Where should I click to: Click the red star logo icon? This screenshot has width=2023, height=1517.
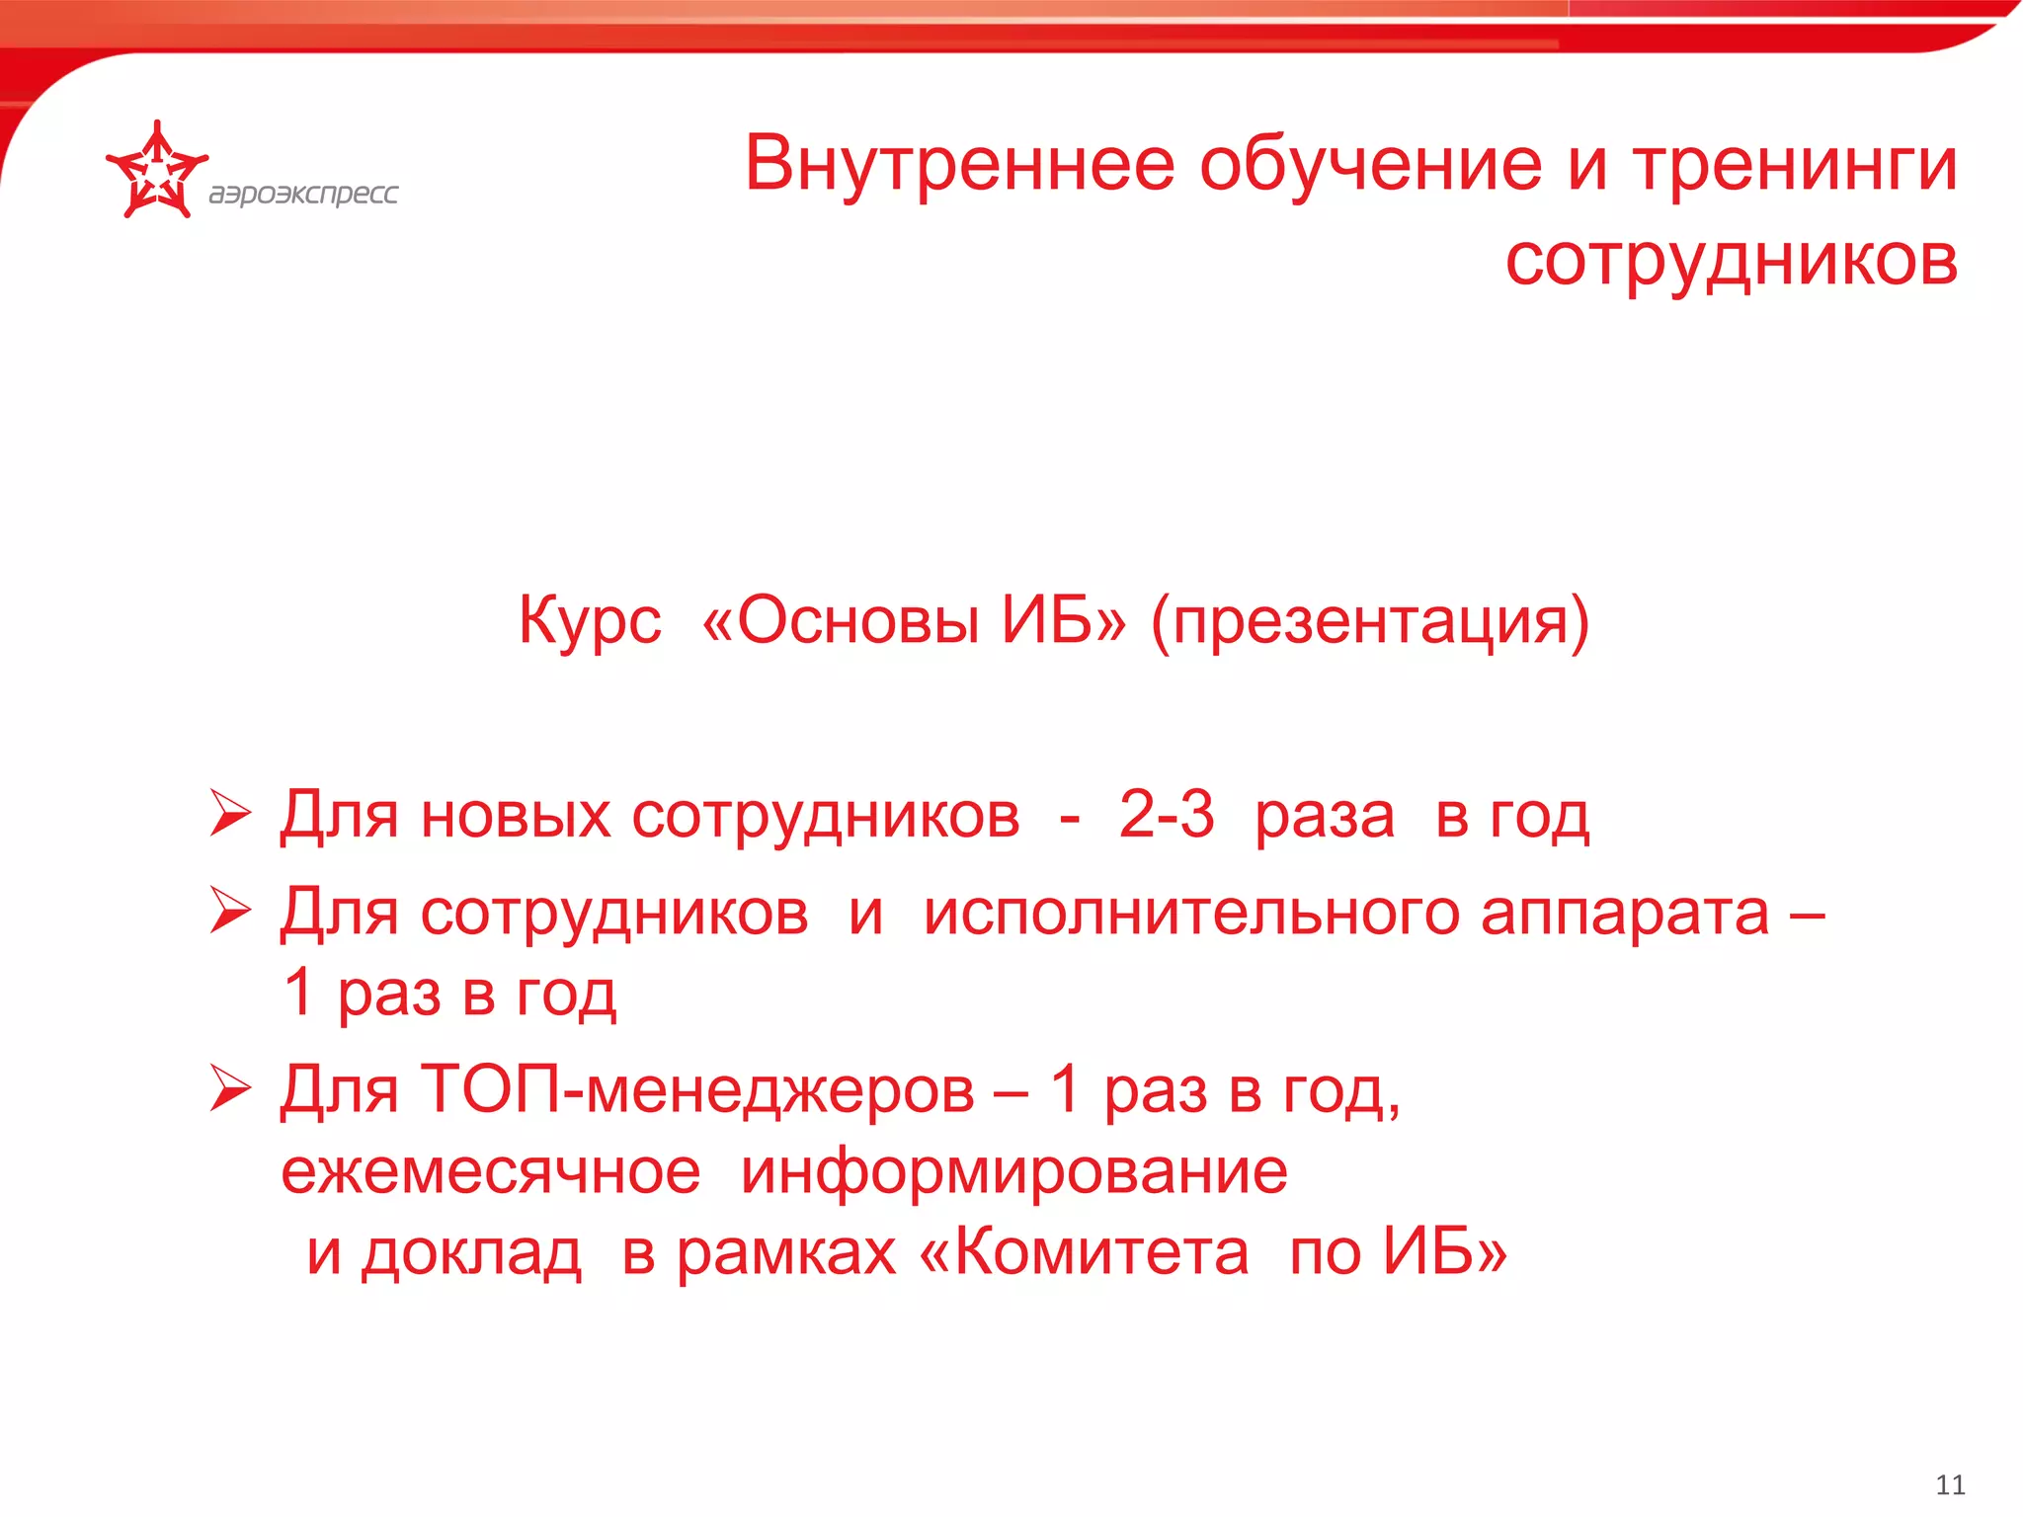[156, 170]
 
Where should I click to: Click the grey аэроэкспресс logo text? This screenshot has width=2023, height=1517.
[303, 194]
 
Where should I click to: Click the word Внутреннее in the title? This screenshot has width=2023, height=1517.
[959, 164]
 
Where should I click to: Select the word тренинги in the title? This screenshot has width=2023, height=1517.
[1795, 164]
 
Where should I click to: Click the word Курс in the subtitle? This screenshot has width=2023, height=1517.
[590, 620]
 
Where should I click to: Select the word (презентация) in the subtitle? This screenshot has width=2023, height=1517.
[1370, 620]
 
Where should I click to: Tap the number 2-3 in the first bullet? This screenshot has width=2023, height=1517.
[1166, 815]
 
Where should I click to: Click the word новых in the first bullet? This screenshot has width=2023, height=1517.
[516, 816]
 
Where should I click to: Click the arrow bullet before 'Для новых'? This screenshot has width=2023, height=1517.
[230, 815]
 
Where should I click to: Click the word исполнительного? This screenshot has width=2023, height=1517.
[1190, 913]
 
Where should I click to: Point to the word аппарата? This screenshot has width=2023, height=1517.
[1624, 913]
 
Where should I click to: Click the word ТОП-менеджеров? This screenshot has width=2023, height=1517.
[697, 1090]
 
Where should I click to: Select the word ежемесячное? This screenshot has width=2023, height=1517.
[491, 1172]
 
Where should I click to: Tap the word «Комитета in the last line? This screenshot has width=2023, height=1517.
[1084, 1252]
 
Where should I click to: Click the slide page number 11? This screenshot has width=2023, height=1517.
[1950, 1484]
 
